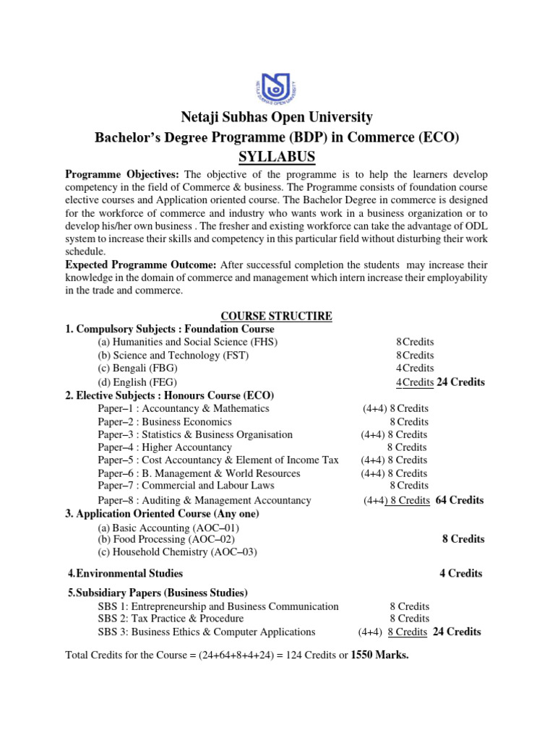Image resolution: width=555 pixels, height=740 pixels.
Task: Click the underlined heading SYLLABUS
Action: (277, 158)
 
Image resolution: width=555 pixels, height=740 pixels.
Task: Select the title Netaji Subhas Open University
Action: (277, 117)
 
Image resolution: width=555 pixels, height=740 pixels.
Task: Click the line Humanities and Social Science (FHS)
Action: (187, 343)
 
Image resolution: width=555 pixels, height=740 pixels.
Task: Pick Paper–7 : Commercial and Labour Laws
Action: (186, 486)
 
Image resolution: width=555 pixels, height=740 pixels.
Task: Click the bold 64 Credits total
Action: (460, 500)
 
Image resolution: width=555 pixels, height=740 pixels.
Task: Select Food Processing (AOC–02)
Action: (166, 539)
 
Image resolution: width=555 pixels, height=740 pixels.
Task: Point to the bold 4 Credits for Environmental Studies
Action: (460, 573)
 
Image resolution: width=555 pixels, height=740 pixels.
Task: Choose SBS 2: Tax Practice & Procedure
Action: (171, 619)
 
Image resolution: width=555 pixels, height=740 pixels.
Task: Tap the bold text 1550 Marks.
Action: (379, 657)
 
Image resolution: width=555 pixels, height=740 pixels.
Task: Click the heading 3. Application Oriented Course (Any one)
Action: (162, 514)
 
